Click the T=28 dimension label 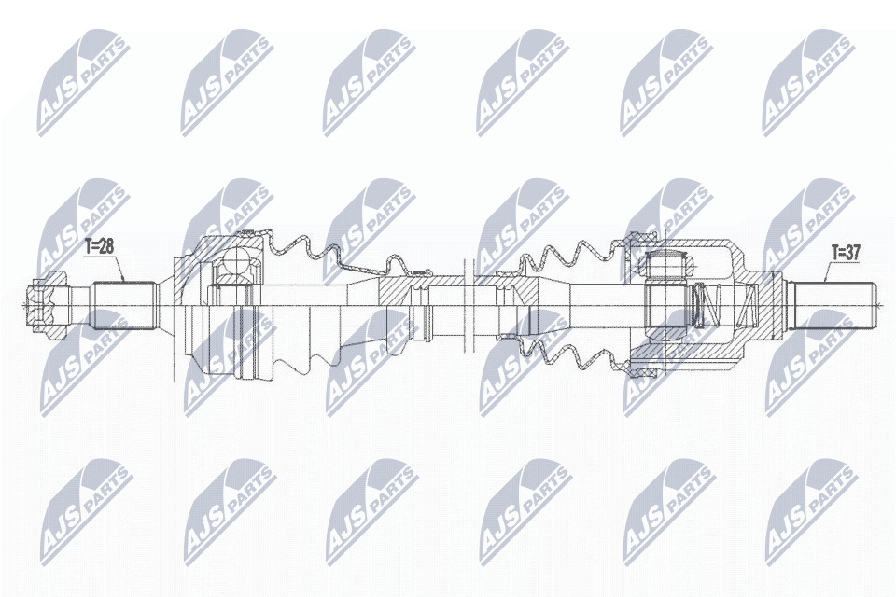pos(99,247)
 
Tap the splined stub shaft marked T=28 pos(122,304)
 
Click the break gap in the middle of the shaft pos(469,304)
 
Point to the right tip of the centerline pos(879,304)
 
